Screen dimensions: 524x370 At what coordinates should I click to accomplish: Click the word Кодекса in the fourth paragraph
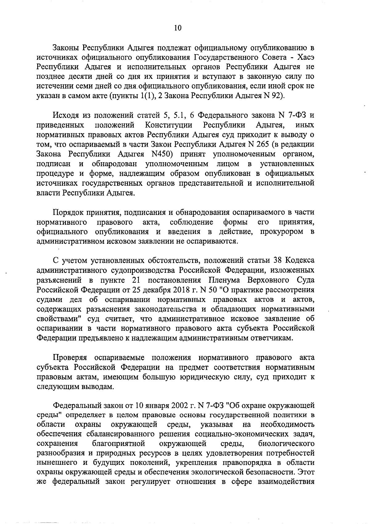tap(300, 260)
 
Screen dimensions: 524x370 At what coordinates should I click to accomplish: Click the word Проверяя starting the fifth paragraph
tap(71, 357)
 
